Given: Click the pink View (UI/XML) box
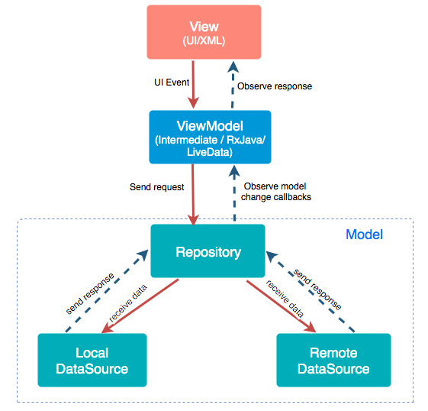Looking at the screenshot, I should pos(204,32).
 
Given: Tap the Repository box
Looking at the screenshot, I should pos(208,251).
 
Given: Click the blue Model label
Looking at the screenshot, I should pos(364,235).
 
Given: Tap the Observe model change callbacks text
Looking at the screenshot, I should pos(276,191).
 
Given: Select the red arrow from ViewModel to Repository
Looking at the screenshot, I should pos(193,193).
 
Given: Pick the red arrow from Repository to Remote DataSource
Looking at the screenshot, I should pos(280,306).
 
